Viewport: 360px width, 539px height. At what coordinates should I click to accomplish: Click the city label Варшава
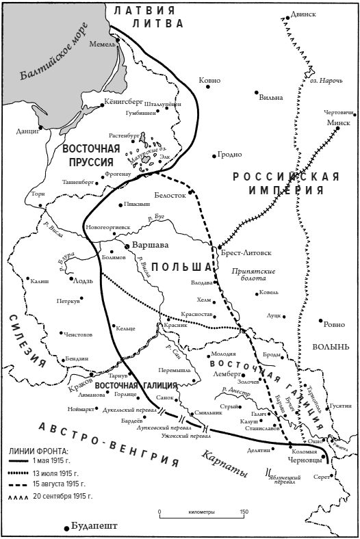pos(153,245)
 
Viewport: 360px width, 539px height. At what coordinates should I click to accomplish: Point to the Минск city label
pos(338,122)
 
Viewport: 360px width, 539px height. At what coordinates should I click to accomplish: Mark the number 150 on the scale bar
pos(244,511)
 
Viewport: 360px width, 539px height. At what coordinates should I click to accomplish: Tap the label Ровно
pos(335,324)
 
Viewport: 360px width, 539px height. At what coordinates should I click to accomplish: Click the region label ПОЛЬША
pos(181,265)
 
